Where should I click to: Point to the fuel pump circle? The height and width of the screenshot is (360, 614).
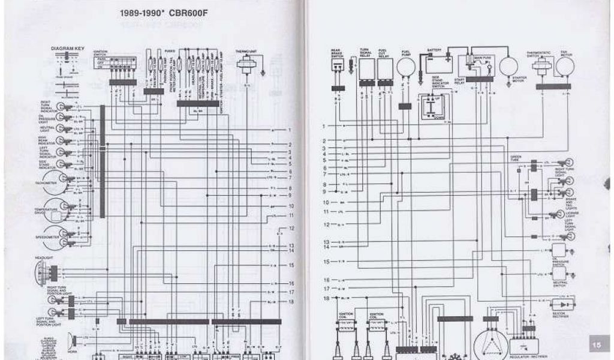pos(406,67)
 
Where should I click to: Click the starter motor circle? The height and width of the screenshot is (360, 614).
pos(508,67)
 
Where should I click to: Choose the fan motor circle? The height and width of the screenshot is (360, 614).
pos(564,66)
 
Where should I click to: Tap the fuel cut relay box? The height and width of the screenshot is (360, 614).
pos(384,70)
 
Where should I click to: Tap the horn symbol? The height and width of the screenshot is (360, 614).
pos(73,341)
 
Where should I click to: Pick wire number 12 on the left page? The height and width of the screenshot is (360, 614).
pos(291,229)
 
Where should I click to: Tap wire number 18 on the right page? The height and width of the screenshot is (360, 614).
pos(327,298)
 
